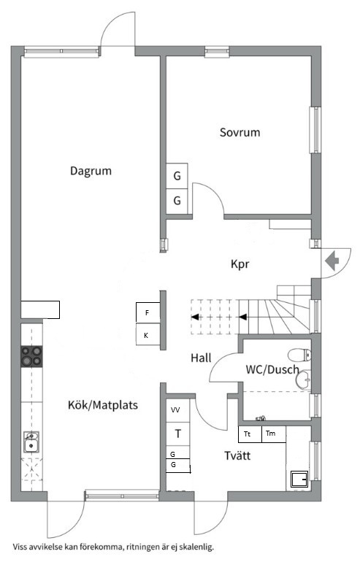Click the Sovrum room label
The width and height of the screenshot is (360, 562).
240,132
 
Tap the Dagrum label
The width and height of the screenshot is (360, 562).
91,171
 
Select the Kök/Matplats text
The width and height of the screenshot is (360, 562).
103,405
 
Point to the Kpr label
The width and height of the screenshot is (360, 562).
240,264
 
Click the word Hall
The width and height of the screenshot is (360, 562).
201,358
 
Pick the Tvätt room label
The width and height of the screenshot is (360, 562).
237,455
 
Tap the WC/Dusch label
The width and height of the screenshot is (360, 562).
272,369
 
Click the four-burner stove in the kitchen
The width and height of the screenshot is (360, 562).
31,356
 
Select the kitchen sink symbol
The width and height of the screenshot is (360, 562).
31,442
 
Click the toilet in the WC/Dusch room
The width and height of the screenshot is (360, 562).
300,355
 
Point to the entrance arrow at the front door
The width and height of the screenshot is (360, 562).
332,261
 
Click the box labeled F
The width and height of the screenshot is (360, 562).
148,312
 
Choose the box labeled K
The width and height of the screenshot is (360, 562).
148,334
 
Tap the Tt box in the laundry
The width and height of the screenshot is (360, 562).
250,434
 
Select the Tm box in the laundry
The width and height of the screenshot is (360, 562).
274,434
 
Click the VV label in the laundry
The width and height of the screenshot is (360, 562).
175,409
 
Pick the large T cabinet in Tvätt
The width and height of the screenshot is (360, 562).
178,434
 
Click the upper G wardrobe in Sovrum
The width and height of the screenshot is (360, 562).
177,176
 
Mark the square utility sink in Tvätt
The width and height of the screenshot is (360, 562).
299,479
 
